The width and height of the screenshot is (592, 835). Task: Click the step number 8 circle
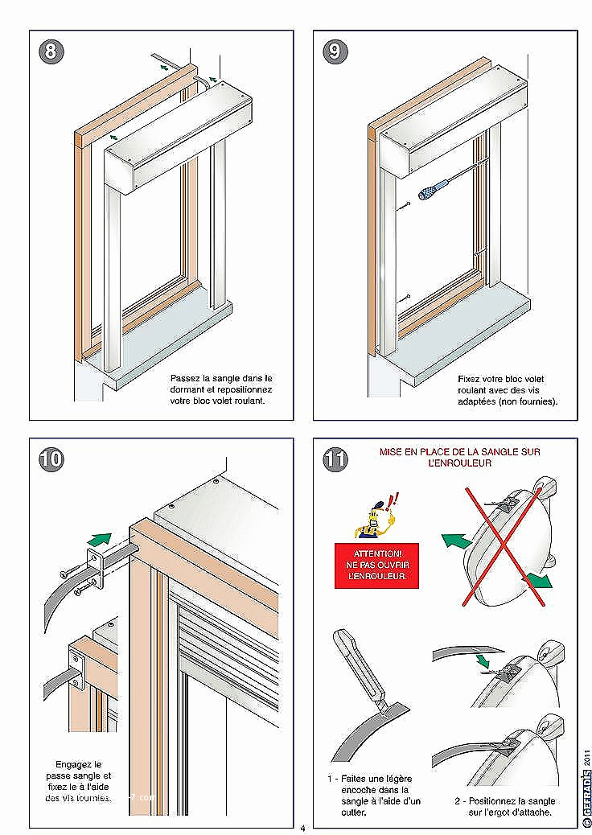point(51,52)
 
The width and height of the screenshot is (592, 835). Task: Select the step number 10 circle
point(51,460)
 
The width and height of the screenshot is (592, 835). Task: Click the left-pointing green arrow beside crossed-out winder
point(456,541)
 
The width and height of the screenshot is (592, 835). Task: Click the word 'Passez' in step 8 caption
point(184,377)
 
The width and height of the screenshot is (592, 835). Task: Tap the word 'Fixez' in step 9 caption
point(471,378)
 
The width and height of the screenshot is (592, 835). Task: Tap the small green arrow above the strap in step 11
point(482,660)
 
